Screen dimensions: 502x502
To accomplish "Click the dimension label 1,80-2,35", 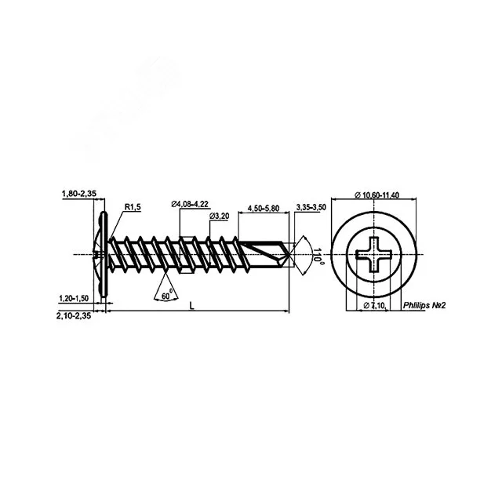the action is click(x=79, y=194).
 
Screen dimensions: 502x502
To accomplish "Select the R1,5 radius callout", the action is click(x=133, y=207).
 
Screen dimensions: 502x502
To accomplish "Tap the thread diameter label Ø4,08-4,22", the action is click(x=190, y=204).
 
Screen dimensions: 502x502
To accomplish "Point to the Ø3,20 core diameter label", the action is click(x=220, y=216).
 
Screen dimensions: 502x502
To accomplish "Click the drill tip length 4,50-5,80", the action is click(x=264, y=209).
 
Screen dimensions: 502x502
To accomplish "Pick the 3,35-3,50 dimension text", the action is click(x=311, y=207).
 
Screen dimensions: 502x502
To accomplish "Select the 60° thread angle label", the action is click(x=167, y=295).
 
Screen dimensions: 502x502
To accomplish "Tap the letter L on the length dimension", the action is click(x=191, y=306).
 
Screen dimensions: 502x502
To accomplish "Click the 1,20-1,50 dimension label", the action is click(x=74, y=298).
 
